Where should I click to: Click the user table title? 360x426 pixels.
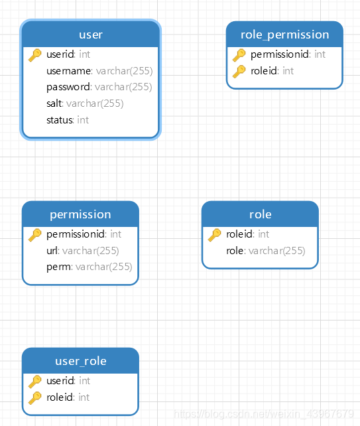click(x=90, y=34)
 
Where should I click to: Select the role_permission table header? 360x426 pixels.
click(x=284, y=35)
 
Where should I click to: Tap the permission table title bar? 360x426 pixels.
click(x=80, y=214)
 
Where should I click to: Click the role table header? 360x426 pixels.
click(x=260, y=214)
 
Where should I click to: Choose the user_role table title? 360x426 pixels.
click(x=80, y=361)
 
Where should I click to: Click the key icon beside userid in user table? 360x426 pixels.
click(x=35, y=55)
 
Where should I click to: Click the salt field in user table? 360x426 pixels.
click(x=85, y=104)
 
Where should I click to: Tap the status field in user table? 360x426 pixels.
click(x=68, y=120)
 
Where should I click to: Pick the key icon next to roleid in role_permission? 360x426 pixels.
click(x=239, y=71)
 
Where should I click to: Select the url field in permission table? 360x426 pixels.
click(x=82, y=251)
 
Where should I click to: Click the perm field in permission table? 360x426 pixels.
click(x=89, y=267)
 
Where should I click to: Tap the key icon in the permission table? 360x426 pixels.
click(x=35, y=234)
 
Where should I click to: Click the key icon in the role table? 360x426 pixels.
click(x=215, y=234)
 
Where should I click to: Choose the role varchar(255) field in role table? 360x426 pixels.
click(x=265, y=251)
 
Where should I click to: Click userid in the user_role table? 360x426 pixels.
click(x=68, y=381)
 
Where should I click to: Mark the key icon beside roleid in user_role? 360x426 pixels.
click(x=35, y=397)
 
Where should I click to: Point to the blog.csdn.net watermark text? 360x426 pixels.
click(x=263, y=413)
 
